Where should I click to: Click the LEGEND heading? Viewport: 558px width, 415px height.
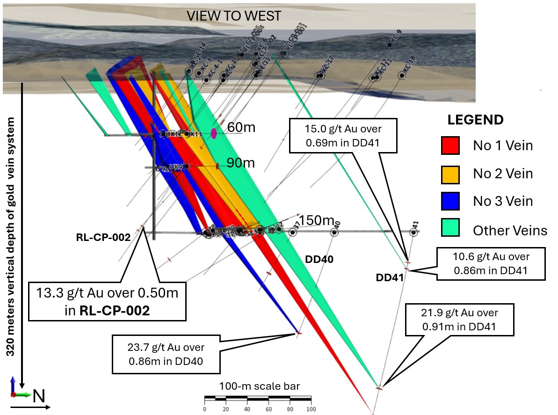(475, 120)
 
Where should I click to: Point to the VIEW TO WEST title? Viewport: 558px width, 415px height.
(234, 16)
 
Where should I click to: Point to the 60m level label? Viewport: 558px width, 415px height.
(241, 127)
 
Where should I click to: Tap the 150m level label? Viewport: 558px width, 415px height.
(316, 220)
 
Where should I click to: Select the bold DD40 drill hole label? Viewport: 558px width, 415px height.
(319, 259)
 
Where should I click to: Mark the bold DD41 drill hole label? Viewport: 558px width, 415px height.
(389, 277)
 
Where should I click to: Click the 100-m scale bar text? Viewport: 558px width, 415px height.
(260, 386)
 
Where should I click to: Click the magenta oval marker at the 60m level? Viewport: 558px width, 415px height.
(214, 134)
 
